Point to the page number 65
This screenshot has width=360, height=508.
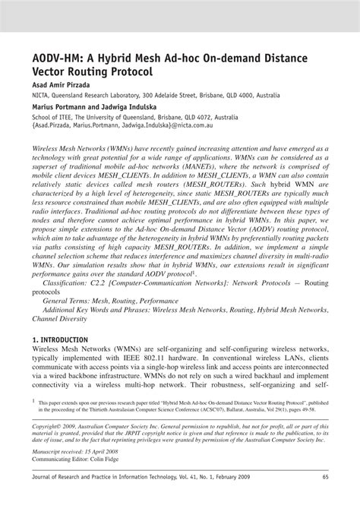[x=324, y=498]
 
